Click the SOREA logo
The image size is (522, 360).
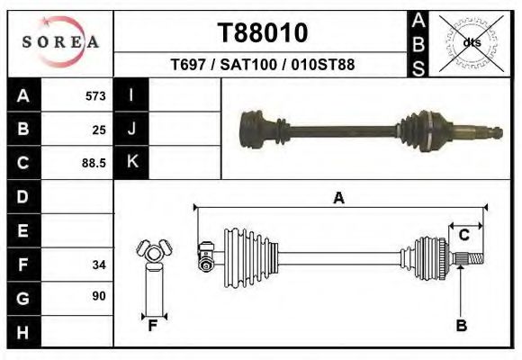pyautogui.click(x=60, y=42)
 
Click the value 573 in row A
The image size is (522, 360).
pyautogui.click(x=95, y=95)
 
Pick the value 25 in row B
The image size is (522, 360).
pyautogui.click(x=99, y=130)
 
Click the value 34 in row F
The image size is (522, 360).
pyautogui.click(x=99, y=265)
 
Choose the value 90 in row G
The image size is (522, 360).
pyautogui.click(x=99, y=295)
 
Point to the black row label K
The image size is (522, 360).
pyautogui.click(x=131, y=162)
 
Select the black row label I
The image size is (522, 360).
pyautogui.click(x=131, y=95)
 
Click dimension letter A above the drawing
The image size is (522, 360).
pyautogui.click(x=338, y=198)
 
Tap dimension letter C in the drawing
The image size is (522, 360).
pyautogui.click(x=464, y=235)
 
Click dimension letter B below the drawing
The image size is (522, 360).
pyautogui.click(x=461, y=326)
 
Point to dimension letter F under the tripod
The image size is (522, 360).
pyautogui.click(x=153, y=326)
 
